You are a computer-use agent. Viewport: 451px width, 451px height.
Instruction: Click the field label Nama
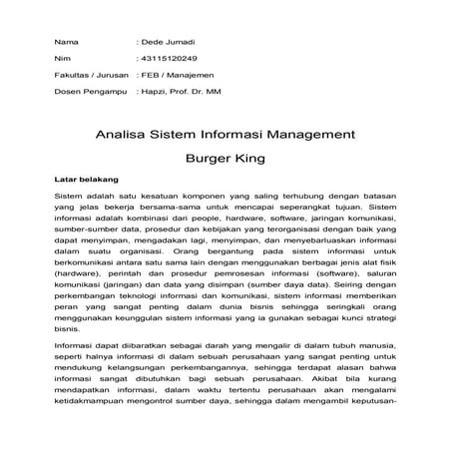66,43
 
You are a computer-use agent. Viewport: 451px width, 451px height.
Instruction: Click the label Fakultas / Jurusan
89,76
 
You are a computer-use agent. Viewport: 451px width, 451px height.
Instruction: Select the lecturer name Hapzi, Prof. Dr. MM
186,92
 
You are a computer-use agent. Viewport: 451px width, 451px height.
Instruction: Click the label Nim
63,60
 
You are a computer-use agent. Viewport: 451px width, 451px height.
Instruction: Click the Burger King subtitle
225,157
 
